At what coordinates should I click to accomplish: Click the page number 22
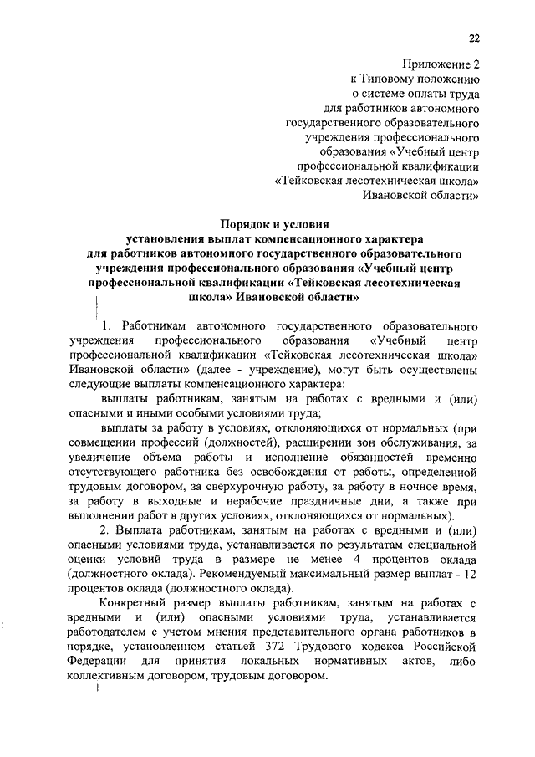click(473, 38)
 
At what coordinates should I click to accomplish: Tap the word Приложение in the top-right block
click(434, 63)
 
